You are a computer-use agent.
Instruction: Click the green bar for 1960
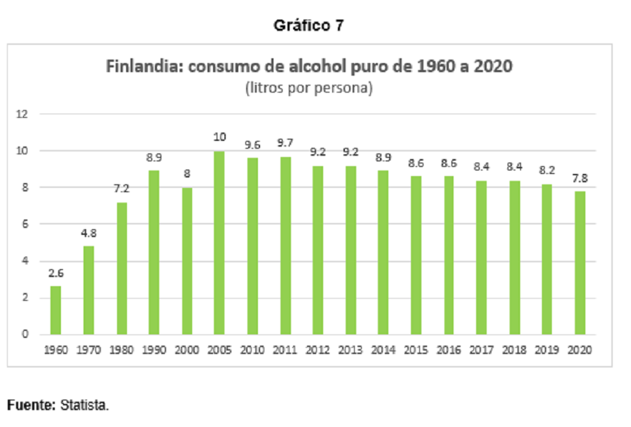[x=55, y=311]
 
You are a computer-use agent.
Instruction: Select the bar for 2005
[x=219, y=243]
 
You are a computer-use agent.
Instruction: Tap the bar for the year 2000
[x=186, y=262]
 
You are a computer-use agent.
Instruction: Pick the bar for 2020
[x=580, y=263]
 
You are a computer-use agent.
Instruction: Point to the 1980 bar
[x=121, y=269]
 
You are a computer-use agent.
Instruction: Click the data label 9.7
[x=285, y=143]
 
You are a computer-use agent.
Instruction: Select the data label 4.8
[x=88, y=233]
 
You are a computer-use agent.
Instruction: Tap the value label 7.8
[x=580, y=178]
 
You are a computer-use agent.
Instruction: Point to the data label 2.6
[x=56, y=273]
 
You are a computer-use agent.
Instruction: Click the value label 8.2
[x=547, y=170]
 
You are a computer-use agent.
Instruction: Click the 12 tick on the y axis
[x=22, y=114]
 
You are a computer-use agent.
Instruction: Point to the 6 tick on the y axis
[x=25, y=224]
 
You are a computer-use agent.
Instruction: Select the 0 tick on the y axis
[x=25, y=334]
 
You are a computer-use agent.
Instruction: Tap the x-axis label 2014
[x=383, y=350]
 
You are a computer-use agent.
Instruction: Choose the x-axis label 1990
[x=154, y=350]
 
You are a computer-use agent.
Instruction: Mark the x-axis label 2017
[x=481, y=350]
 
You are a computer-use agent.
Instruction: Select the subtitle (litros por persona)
[x=309, y=88]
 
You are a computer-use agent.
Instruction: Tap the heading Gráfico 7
[x=308, y=25]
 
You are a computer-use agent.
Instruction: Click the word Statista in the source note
[x=84, y=405]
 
